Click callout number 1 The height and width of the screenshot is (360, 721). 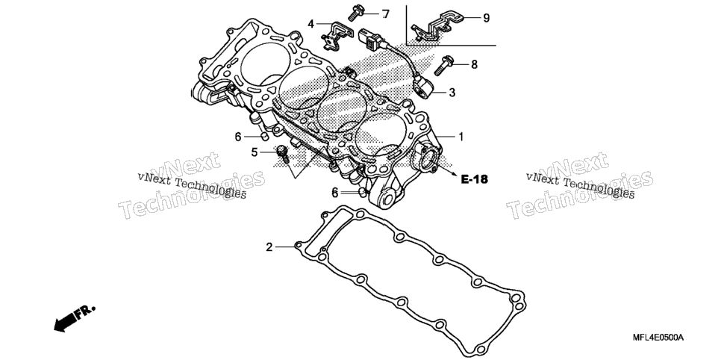(x=461, y=137)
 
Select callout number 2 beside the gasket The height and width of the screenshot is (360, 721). (x=269, y=247)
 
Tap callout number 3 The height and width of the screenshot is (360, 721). (x=452, y=93)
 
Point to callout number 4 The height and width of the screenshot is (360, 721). (x=310, y=23)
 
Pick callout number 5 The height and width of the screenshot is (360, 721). (x=255, y=152)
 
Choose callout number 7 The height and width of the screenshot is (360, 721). (x=385, y=14)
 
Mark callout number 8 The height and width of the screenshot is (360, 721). (x=474, y=64)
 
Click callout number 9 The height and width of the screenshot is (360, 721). (x=486, y=18)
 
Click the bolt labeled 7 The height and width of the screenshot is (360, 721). (x=355, y=13)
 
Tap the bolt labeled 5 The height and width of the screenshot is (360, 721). (x=282, y=154)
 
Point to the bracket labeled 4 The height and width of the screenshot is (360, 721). (x=334, y=35)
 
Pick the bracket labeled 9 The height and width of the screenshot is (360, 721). (x=437, y=26)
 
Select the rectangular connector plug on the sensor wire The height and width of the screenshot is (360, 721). (x=369, y=38)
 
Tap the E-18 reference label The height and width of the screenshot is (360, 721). (x=474, y=179)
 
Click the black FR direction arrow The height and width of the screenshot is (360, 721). (x=74, y=317)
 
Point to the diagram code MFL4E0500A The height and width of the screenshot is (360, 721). (x=658, y=338)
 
